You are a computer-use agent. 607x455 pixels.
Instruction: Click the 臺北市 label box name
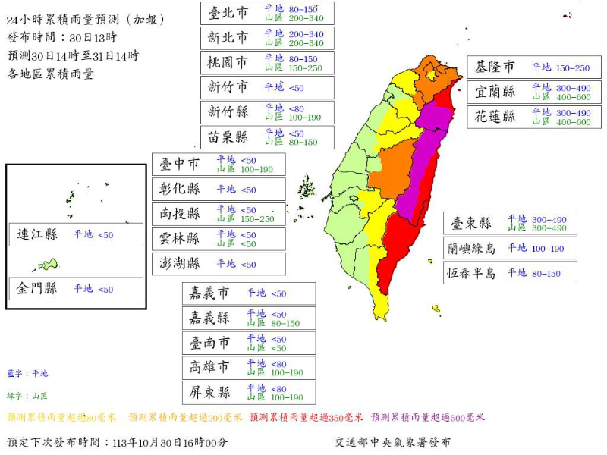pos(228,12)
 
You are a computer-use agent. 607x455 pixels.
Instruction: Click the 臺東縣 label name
pos(472,223)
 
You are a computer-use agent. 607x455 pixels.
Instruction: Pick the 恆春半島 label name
pos(472,273)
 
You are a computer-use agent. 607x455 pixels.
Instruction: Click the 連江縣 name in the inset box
pos(38,234)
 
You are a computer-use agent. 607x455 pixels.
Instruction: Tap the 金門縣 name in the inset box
pos(38,289)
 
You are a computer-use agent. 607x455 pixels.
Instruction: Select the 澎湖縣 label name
pos(180,264)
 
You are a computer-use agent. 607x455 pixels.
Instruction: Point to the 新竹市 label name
pos(228,87)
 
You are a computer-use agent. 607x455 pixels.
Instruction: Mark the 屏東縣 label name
pos(210,393)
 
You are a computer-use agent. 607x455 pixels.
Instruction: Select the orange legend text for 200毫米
pos(185,417)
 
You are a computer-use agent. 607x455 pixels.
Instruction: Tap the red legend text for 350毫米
pos(307,417)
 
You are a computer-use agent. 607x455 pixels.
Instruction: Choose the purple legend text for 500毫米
pos(428,417)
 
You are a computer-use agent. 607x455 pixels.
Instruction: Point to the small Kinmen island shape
pos(47,265)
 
